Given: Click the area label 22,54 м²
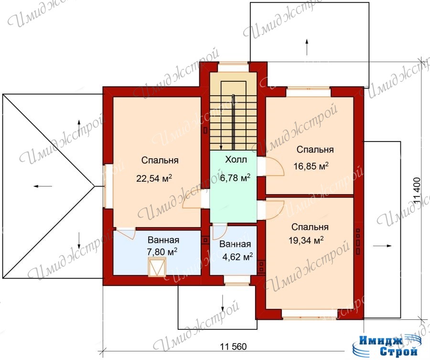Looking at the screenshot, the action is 154,178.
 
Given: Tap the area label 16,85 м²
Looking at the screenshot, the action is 311,166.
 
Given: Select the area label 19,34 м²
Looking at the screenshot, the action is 306,240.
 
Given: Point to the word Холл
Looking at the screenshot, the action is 236,159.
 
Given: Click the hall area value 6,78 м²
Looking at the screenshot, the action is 235,178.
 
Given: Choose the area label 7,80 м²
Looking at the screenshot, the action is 162,251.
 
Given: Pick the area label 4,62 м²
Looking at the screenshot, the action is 238,257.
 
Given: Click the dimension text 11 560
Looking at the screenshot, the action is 233,347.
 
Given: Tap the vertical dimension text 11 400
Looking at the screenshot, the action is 417,191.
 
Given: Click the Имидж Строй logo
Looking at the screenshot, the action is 385,346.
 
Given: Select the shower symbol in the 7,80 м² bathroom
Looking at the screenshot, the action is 157,267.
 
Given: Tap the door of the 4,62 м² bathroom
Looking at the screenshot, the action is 219,232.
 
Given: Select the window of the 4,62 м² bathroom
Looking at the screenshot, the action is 236,280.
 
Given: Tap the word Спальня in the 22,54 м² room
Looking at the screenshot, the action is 160,160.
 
